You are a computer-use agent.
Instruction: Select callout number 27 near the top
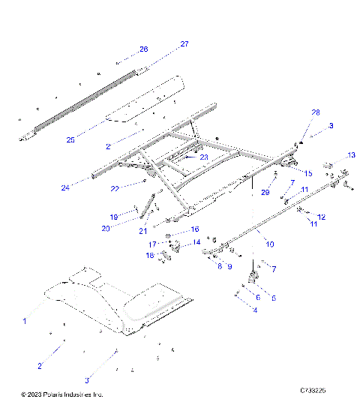(x=184, y=44)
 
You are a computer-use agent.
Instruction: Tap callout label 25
(x=70, y=139)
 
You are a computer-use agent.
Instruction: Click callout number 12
(x=321, y=217)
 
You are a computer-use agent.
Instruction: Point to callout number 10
(x=270, y=244)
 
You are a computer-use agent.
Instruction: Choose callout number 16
(x=193, y=229)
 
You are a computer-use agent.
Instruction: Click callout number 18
(x=150, y=256)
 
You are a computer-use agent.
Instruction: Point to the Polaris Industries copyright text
(x=62, y=394)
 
